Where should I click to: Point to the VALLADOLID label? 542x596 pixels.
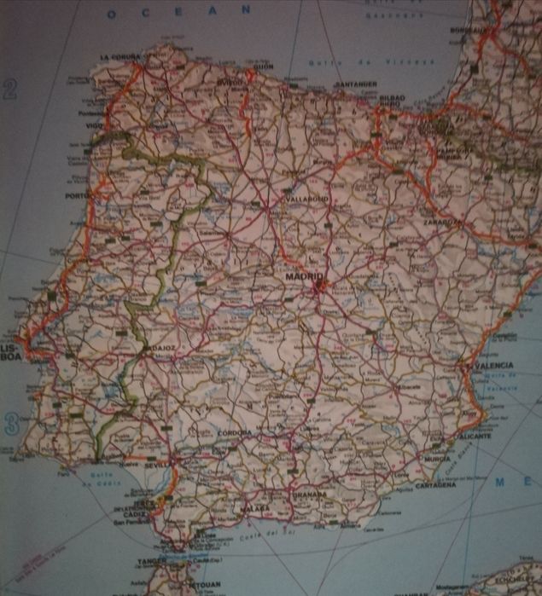point(306,199)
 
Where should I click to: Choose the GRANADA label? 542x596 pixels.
point(309,494)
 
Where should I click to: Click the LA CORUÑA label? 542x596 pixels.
point(119,57)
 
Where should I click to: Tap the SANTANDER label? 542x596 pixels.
point(355,84)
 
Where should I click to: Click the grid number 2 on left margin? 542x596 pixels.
point(10,90)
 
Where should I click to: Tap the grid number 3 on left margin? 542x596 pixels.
point(11,423)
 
